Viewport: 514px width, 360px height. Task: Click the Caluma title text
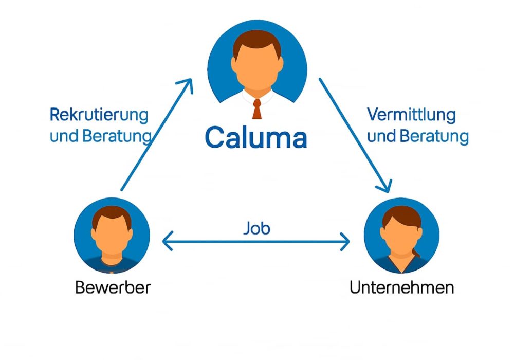(x=255, y=137)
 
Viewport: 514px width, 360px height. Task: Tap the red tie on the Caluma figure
(x=256, y=108)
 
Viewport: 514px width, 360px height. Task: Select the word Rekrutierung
(x=99, y=114)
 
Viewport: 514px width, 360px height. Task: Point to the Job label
(x=256, y=228)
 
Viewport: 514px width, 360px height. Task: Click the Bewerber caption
(x=113, y=287)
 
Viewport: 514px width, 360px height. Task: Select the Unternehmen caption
(x=401, y=287)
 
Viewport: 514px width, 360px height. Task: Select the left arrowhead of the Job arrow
(x=167, y=240)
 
